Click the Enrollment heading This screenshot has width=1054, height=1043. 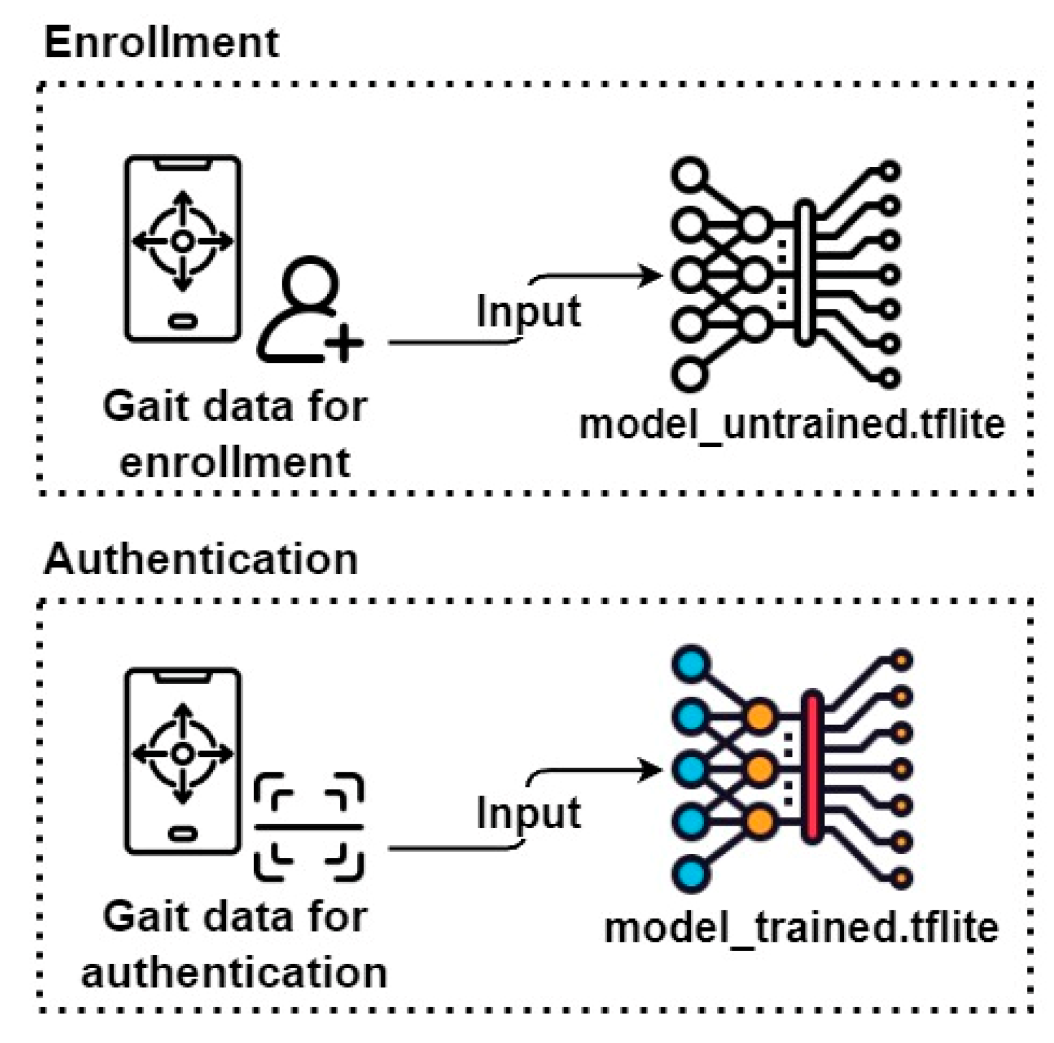coord(161,43)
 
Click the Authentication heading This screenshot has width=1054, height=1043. coord(201,560)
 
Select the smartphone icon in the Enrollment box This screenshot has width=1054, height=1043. coord(182,248)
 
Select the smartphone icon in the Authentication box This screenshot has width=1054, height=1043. coord(182,761)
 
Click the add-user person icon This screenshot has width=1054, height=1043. coord(310,310)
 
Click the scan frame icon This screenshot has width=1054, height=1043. coord(309,827)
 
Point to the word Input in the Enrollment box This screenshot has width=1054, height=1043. coord(529,311)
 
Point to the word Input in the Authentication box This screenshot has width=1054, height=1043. coord(529,813)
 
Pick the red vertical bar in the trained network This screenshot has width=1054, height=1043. coord(812,767)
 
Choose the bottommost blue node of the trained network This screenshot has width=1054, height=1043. coord(691,873)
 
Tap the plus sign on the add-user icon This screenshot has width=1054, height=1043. coord(344,342)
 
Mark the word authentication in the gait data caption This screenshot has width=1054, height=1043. coord(234,972)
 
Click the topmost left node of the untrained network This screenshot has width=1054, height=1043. coord(690,175)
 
